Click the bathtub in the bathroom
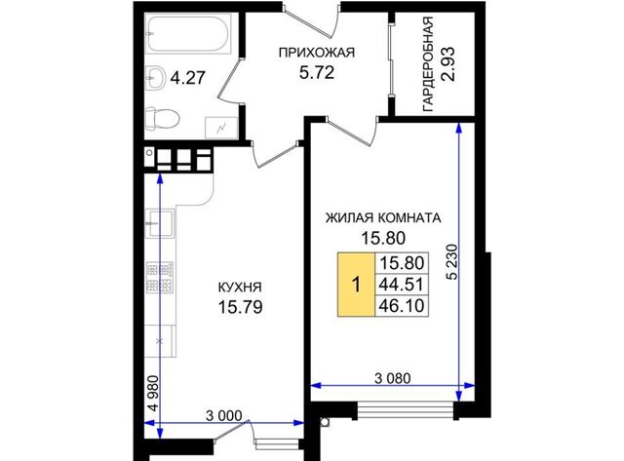pos(187,33)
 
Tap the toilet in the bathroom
pos(161,118)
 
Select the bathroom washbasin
pos(155,78)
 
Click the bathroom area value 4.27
pos(187,78)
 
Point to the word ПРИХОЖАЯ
pos(316,53)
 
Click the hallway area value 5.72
pos(316,73)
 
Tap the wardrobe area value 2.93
pos(448,63)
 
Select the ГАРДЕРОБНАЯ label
pos(428,64)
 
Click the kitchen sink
pos(160,223)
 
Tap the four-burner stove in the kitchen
pos(160,277)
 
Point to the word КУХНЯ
pos(240,287)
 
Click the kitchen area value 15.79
pos(241,307)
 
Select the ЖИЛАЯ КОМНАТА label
pos(383,218)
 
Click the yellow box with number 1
pos(356,285)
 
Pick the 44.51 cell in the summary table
pos(402,285)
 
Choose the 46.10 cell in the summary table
pos(402,306)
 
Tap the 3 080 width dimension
pos(392,378)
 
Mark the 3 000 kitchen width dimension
pos(224,415)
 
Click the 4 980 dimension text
pos(153,394)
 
